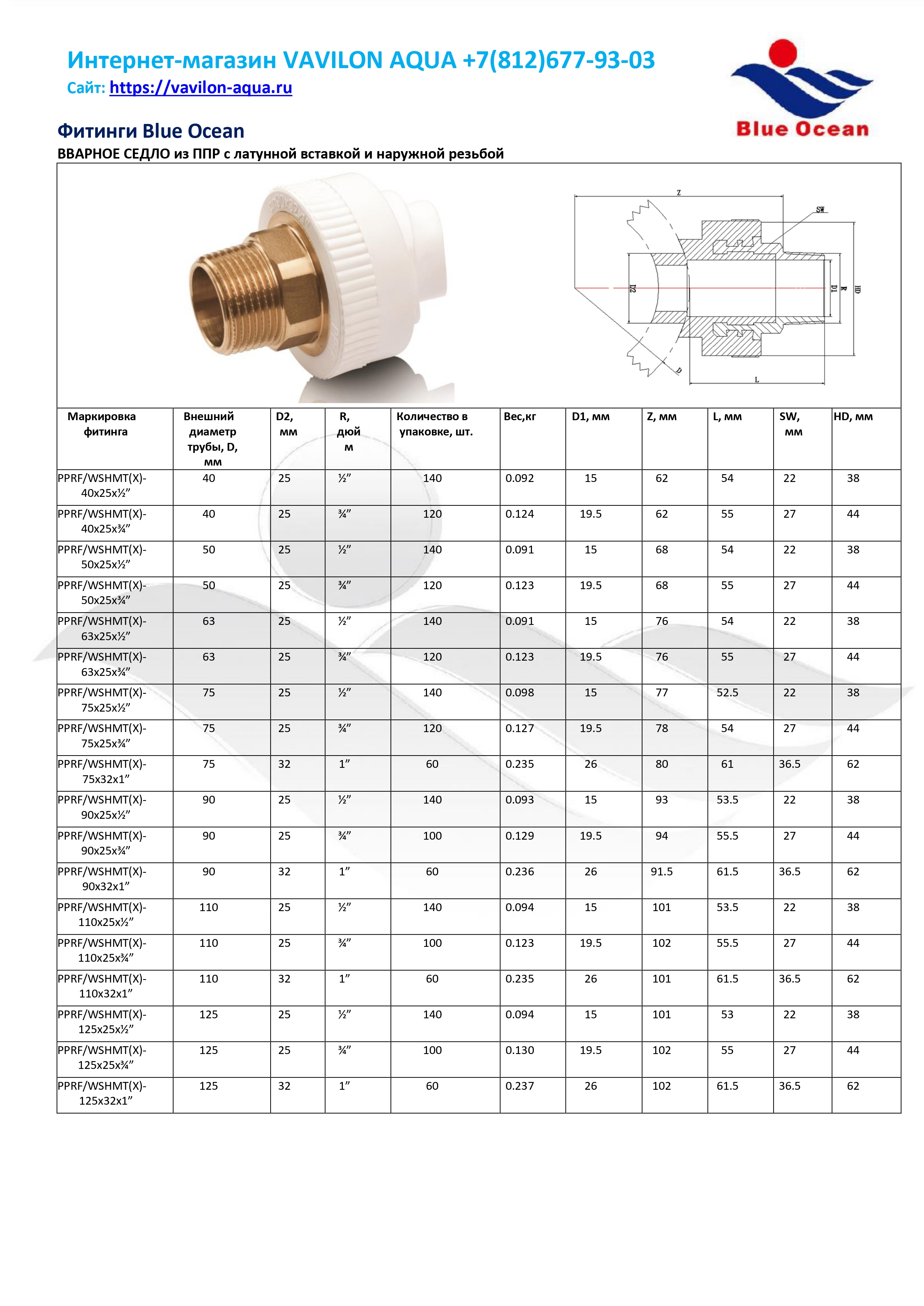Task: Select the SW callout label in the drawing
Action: (x=820, y=210)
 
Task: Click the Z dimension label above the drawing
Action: (x=678, y=193)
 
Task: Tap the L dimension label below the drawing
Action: (x=757, y=379)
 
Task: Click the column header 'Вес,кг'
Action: (x=519, y=416)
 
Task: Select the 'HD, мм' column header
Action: (x=853, y=416)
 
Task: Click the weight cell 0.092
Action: (x=519, y=478)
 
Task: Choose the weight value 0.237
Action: (x=519, y=1086)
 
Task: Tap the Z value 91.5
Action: (x=662, y=871)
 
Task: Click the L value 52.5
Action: (x=727, y=693)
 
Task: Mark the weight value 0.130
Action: (x=519, y=1050)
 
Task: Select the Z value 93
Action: (x=662, y=800)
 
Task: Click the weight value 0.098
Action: (x=519, y=693)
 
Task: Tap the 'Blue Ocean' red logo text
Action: (x=802, y=129)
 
